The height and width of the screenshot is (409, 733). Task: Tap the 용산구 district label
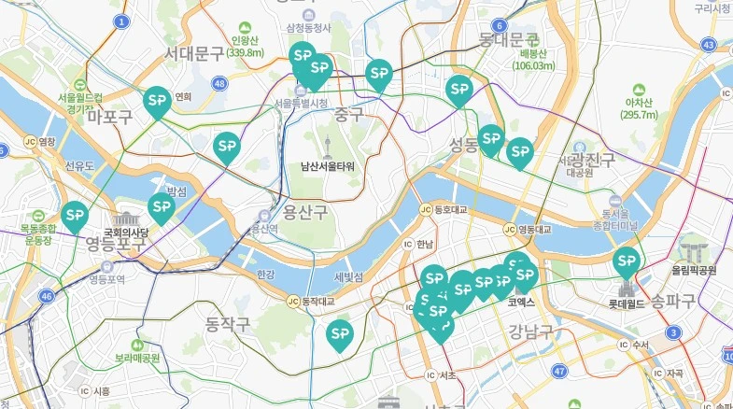[x=305, y=213]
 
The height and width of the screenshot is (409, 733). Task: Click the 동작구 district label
[x=228, y=325]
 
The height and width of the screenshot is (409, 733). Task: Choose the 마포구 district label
[x=109, y=117]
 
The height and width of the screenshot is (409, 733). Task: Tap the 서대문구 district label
[x=193, y=52]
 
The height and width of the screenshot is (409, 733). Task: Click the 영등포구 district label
[x=116, y=246]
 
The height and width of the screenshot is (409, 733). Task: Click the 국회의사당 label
[x=126, y=232]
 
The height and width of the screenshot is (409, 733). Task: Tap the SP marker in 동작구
[x=339, y=333]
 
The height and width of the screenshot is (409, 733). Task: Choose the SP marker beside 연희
[x=157, y=100]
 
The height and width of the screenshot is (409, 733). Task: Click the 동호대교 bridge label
[x=448, y=210]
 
